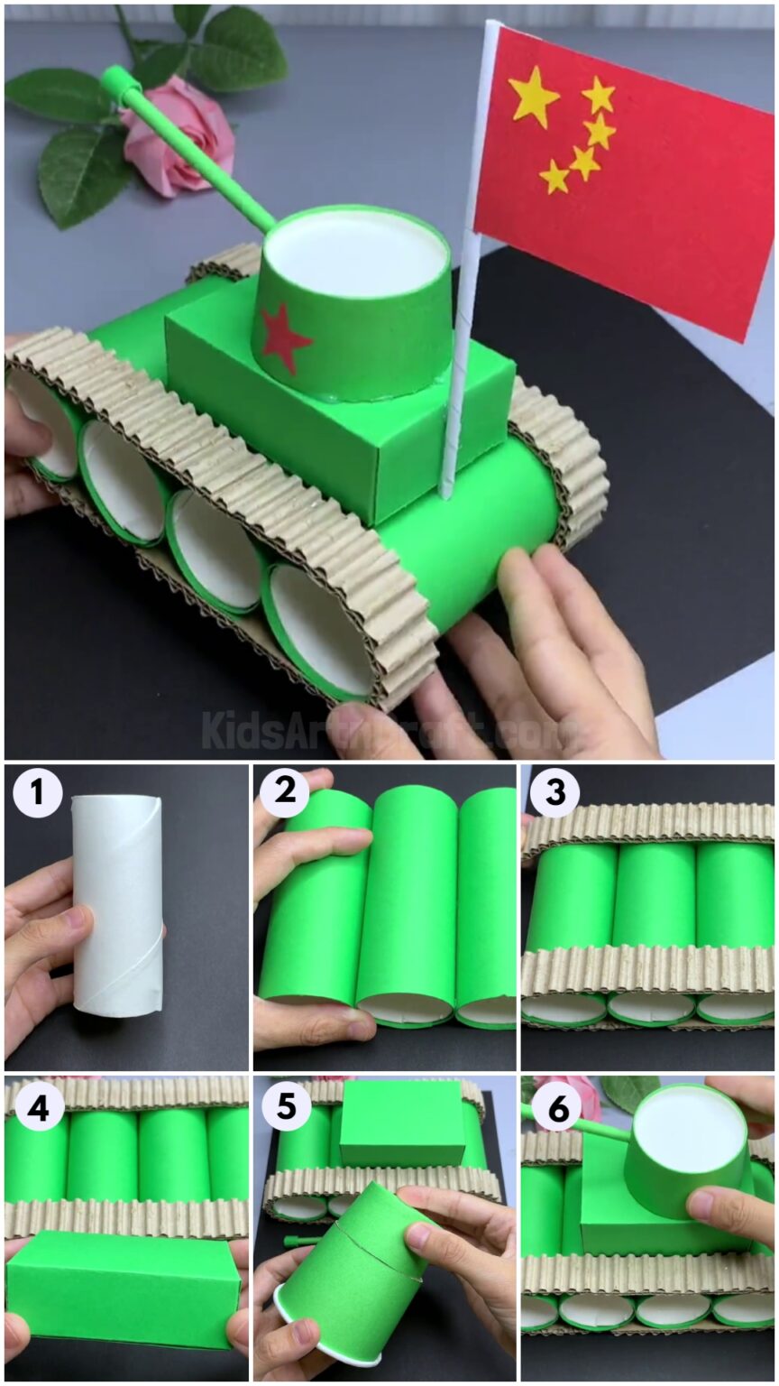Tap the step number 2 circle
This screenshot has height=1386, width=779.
(285, 795)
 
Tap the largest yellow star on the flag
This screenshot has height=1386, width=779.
(534, 97)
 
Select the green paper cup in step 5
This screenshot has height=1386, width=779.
(356, 1272)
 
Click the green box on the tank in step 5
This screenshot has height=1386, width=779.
(402, 1123)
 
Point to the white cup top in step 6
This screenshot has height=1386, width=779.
(686, 1132)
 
